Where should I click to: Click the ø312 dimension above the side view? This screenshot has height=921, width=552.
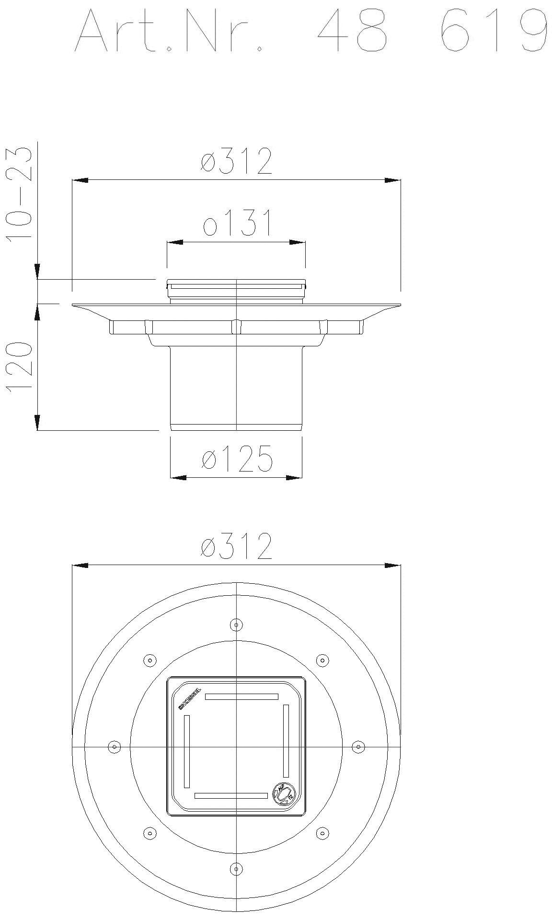coord(236,162)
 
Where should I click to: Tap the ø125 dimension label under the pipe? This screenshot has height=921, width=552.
coord(237,459)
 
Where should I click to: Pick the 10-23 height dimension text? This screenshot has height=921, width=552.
coord(20,194)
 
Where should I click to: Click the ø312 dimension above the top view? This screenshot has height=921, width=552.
coord(236,546)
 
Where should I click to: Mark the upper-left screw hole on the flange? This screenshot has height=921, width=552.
coord(150,661)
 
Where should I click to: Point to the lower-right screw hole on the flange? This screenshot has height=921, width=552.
coord(322,833)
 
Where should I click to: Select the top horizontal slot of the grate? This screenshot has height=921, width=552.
coord(242,696)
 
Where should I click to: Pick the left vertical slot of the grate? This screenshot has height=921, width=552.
coord(187,751)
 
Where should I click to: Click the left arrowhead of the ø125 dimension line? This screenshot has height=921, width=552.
coord(178,477)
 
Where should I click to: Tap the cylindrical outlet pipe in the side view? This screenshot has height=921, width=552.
coord(236,384)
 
